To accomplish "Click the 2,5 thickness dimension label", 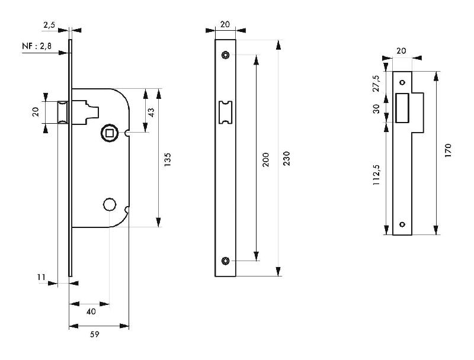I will click(x=50, y=25).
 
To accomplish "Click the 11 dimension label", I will click(x=40, y=277).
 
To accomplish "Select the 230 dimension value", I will click(x=287, y=158).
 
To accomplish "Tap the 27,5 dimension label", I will click(x=376, y=82).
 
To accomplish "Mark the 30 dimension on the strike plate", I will click(x=376, y=109).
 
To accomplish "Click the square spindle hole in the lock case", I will click(x=109, y=131).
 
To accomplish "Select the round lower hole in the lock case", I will click(x=108, y=205).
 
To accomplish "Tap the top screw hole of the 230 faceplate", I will click(x=225, y=55).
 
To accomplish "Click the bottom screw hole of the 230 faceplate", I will click(x=225, y=261).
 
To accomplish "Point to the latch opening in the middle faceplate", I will click(x=225, y=112).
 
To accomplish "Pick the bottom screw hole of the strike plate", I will click(x=402, y=224).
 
